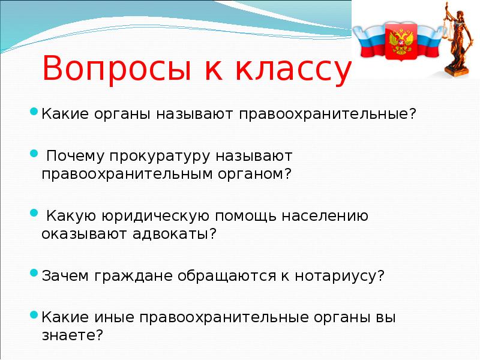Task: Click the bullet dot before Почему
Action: click(34, 154)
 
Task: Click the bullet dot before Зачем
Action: click(34, 274)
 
